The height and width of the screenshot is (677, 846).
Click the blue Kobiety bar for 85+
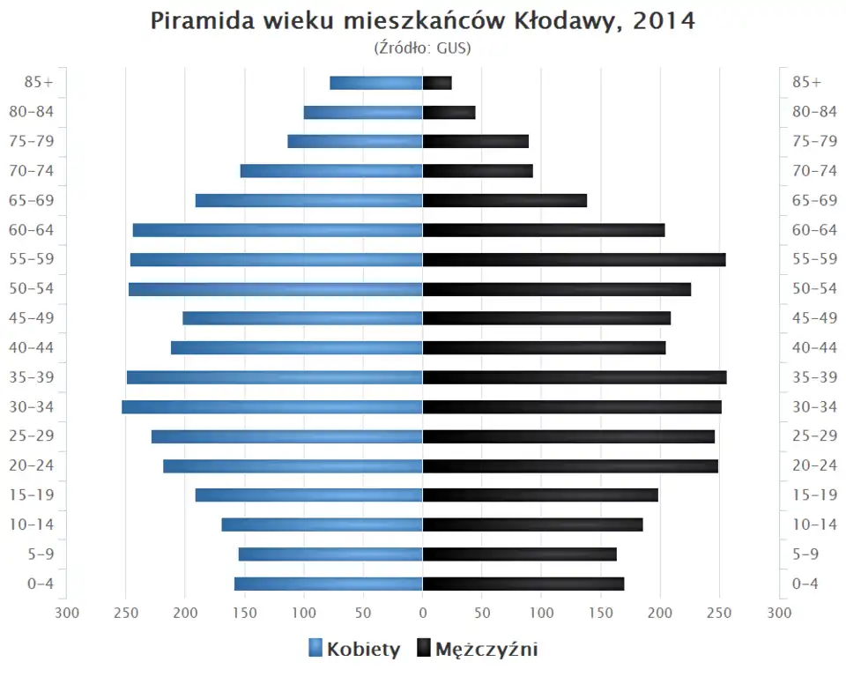(376, 83)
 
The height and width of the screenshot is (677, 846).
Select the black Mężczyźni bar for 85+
(437, 83)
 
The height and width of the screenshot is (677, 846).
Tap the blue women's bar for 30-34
(272, 407)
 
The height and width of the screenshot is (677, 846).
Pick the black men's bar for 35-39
(575, 377)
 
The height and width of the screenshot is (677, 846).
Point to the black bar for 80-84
(449, 112)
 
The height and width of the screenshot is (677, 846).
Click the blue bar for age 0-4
(329, 584)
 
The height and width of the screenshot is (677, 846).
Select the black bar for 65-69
(505, 201)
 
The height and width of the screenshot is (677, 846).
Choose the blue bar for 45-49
(302, 318)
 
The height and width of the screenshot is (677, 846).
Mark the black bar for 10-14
(533, 524)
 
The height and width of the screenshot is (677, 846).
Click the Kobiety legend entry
(354, 650)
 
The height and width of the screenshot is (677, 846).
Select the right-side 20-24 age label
(814, 465)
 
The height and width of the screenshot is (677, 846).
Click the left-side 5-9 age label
(40, 554)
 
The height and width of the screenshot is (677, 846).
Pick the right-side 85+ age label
(806, 82)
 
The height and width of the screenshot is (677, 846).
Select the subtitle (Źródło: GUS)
(423, 48)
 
